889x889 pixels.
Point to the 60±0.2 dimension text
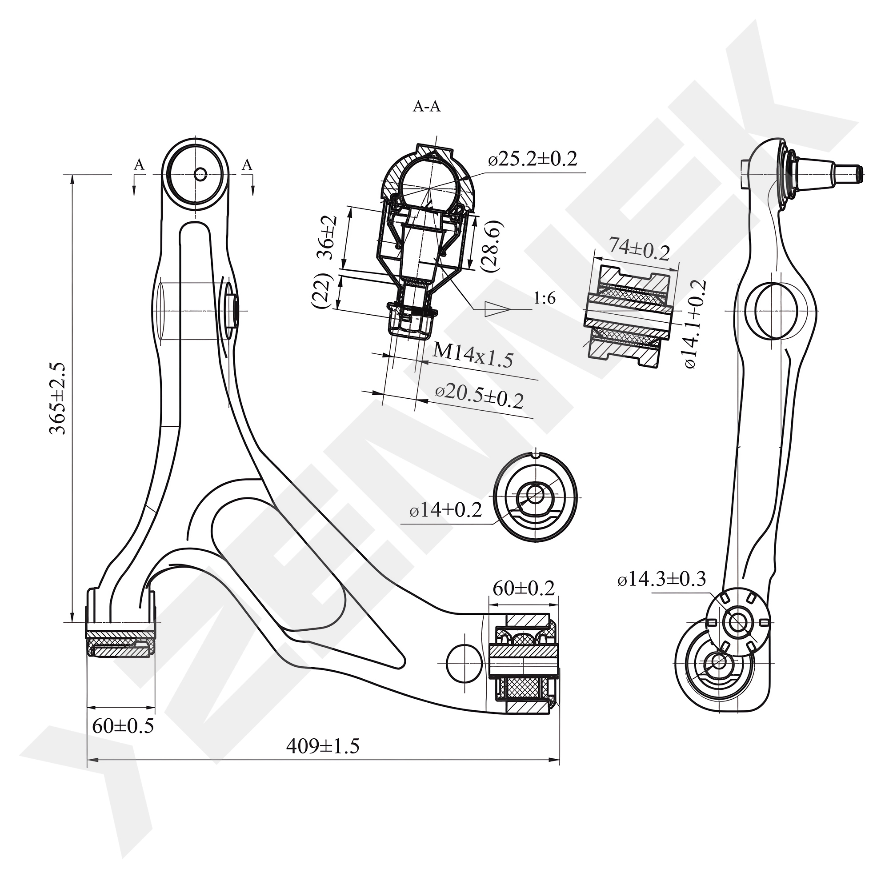pyautogui.click(x=523, y=588)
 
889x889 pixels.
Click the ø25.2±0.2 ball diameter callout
pyautogui.click(x=533, y=159)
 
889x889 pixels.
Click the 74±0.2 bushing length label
pyautogui.click(x=639, y=249)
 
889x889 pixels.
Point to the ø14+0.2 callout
pyautogui.click(x=445, y=510)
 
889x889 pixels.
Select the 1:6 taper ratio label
pyautogui.click(x=545, y=299)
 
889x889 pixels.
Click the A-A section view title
pyautogui.click(x=427, y=107)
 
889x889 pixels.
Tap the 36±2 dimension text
pyautogui.click(x=329, y=238)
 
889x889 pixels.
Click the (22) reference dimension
pyautogui.click(x=322, y=291)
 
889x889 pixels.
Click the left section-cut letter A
pyautogui.click(x=139, y=165)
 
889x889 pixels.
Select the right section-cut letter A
pyautogui.click(x=247, y=165)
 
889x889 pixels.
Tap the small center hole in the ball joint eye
pyautogui.click(x=200, y=174)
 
